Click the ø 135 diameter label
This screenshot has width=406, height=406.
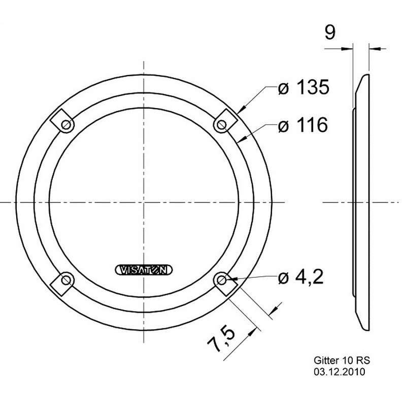(303, 87)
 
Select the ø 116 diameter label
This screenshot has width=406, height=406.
(303, 125)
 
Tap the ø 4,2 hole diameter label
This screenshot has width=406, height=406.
(301, 277)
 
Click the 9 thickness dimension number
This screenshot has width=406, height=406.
(330, 32)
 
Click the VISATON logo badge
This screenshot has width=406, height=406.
(144, 270)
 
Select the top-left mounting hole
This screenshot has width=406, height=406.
(66, 125)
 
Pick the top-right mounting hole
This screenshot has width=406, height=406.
(221, 125)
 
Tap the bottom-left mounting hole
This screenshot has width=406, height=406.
(66, 280)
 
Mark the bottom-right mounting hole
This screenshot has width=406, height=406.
(221, 280)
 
